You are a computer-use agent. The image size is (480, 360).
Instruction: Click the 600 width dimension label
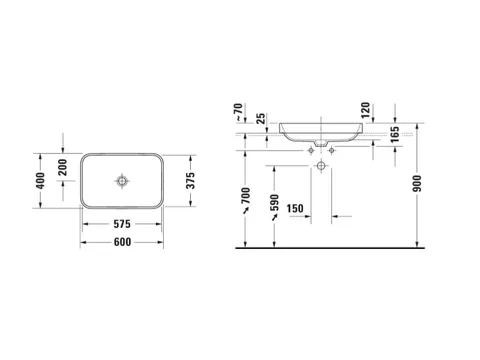coord(122,242)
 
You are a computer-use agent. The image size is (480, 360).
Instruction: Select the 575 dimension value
coord(122,224)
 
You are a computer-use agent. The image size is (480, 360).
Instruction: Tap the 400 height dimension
coord(40,181)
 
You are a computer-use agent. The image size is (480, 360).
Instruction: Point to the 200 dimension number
coord(63,167)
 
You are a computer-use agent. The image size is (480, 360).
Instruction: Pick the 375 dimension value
coord(190,181)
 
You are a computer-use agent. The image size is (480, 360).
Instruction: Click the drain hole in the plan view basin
coord(122,181)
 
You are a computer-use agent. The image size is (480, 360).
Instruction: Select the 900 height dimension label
coord(417,183)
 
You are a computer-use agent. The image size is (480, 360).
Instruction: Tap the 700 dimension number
coord(246,196)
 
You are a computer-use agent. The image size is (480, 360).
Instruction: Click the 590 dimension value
coord(274,203)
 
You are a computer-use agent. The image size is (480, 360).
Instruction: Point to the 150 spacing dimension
coord(295,209)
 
